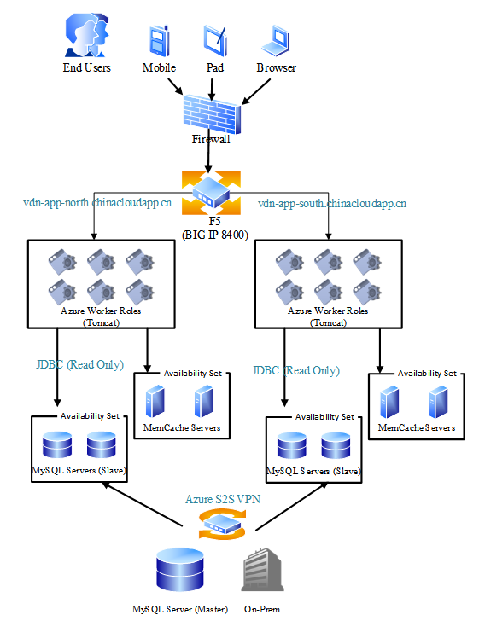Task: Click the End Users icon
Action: click(87, 35)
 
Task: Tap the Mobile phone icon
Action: click(160, 41)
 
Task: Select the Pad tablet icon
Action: click(215, 41)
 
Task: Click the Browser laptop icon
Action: click(276, 40)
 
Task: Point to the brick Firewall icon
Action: click(212, 114)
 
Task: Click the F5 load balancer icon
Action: click(211, 193)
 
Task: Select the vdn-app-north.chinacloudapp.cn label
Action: click(97, 203)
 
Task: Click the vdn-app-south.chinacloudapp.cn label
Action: click(332, 204)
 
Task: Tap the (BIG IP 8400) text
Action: click(215, 235)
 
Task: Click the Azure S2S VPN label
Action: click(223, 499)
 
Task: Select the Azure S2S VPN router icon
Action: click(222, 525)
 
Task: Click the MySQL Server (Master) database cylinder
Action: click(180, 570)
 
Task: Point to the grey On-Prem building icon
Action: click(262, 570)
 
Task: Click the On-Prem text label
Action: click(262, 609)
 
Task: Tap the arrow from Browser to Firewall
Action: click(256, 92)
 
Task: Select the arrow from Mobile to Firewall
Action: click(175, 86)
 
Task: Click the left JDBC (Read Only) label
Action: click(79, 364)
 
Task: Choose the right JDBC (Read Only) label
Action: click(295, 371)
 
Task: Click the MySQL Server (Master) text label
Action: click(180, 609)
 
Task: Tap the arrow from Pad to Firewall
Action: click(212, 90)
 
